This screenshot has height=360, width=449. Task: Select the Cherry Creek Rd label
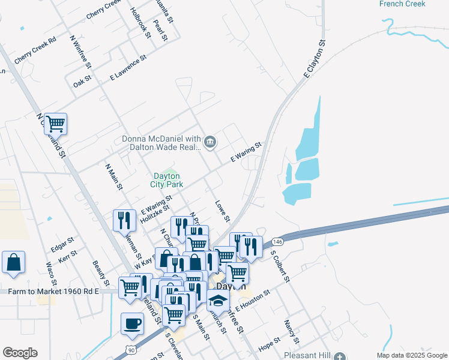coord(35,46)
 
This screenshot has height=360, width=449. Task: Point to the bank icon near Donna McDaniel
coord(210,142)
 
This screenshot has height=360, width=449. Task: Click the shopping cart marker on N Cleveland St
coord(55,124)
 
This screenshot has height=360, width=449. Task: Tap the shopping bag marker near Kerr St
coord(13,262)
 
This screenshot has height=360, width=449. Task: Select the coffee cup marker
coord(133,323)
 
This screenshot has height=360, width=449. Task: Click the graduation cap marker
coord(218,299)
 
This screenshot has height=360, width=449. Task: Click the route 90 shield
coord(130,349)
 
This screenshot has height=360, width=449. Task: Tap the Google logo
coord(20,353)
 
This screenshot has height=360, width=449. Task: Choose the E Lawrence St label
coord(128,68)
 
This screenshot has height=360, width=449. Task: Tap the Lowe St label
coord(223,210)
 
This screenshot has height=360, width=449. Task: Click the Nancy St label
coord(292,329)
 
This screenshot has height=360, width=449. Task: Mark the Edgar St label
coord(62,243)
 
